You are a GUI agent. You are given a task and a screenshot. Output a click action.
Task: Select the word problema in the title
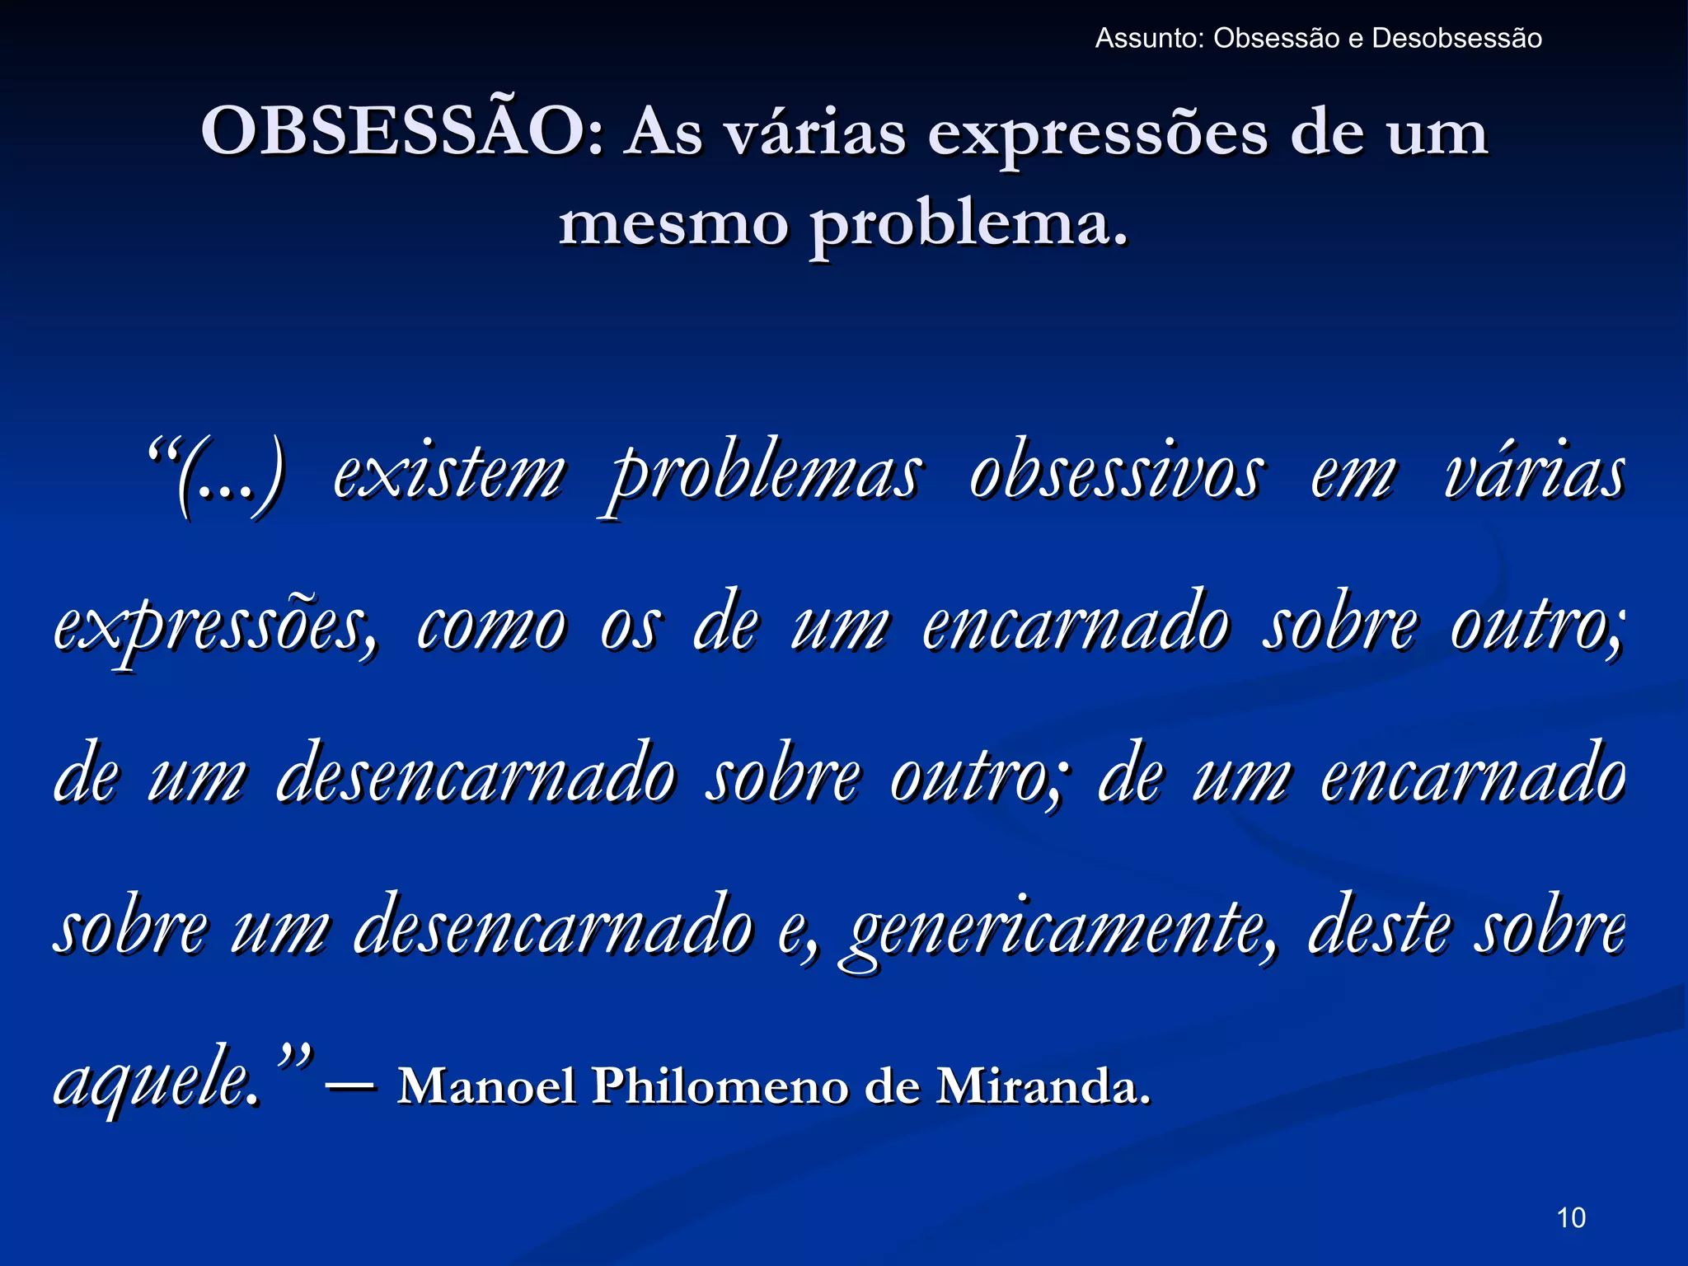[968, 224]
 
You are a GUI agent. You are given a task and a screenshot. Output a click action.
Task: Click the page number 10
[1571, 1217]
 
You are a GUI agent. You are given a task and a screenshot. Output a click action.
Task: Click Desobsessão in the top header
[1456, 39]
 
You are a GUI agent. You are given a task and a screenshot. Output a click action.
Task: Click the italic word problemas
[763, 476]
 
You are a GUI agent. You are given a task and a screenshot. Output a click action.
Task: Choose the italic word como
[491, 626]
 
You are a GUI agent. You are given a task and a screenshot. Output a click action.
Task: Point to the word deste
[1378, 928]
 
